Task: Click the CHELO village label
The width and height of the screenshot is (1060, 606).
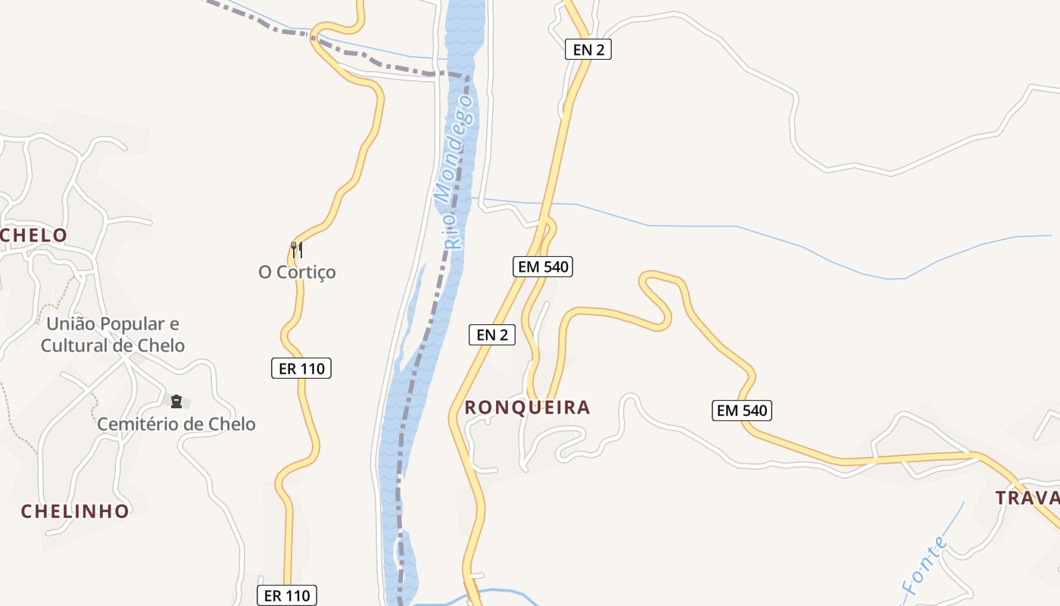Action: click(x=34, y=236)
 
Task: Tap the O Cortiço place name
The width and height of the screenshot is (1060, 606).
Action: click(x=297, y=272)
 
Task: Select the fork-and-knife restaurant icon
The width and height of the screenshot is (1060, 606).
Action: click(x=297, y=248)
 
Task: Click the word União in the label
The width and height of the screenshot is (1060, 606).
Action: click(x=72, y=324)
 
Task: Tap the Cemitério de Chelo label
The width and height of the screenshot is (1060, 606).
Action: click(x=176, y=424)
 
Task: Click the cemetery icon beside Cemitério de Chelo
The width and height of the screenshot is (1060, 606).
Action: click(x=176, y=401)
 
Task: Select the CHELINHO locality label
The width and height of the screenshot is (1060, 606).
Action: click(x=75, y=511)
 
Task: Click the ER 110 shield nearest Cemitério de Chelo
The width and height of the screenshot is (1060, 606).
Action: click(x=301, y=369)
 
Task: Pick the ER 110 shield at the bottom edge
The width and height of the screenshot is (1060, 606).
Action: click(x=286, y=595)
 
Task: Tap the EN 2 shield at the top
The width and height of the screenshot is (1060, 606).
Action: click(x=588, y=50)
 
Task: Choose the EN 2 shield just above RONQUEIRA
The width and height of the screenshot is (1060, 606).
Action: click(x=492, y=335)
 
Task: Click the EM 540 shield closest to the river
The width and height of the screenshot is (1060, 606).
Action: click(x=542, y=267)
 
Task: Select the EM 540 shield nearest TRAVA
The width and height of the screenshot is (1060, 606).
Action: click(x=742, y=411)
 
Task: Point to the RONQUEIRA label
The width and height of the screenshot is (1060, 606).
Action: click(x=527, y=408)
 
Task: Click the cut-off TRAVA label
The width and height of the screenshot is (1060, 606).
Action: click(x=1027, y=498)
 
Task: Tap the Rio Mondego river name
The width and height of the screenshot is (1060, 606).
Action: click(x=457, y=179)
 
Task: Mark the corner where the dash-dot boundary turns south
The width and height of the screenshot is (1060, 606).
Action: click(x=466, y=76)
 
